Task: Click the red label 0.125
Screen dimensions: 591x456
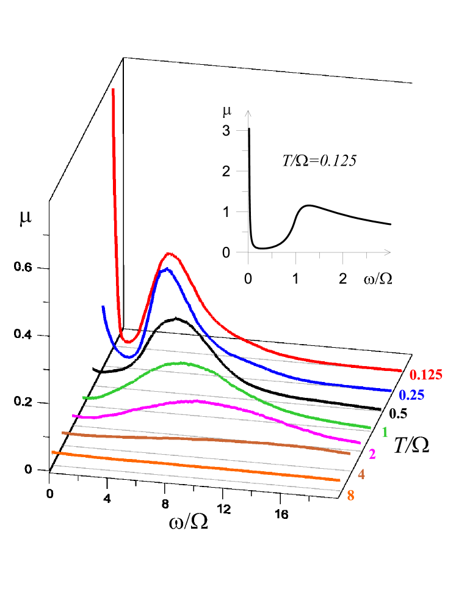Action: click(x=425, y=375)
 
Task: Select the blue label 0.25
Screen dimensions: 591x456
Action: click(x=411, y=395)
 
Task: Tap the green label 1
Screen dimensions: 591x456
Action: click(x=385, y=432)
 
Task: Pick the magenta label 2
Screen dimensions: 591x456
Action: click(x=372, y=453)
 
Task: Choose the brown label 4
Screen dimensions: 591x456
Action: click(x=361, y=474)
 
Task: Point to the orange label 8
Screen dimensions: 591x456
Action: click(x=350, y=496)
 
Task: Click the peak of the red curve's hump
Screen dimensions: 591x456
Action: click(x=169, y=253)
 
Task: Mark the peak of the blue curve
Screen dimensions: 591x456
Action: click(x=164, y=269)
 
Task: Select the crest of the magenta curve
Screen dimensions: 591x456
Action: click(x=193, y=401)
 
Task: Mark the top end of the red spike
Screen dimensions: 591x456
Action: click(x=113, y=89)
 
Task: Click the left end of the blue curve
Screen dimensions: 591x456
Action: click(x=103, y=306)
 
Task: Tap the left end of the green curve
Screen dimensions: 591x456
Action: click(x=84, y=397)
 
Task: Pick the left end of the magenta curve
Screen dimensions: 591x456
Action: click(x=73, y=416)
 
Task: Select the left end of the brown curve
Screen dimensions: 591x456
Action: click(x=63, y=433)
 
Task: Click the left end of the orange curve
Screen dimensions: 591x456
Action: click(x=52, y=452)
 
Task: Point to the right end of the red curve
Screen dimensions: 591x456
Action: click(x=401, y=370)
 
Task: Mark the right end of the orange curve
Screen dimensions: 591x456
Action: click(x=339, y=480)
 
